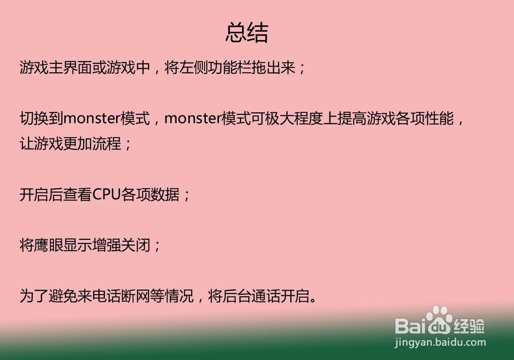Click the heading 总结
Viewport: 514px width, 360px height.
coord(246,33)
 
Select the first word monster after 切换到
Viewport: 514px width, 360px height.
coord(92,119)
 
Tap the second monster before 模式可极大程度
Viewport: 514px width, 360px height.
coord(193,119)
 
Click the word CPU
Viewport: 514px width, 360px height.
coord(107,195)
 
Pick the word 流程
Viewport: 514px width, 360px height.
coord(107,144)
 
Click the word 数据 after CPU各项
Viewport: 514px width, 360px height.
coord(165,195)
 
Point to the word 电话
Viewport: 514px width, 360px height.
coord(107,296)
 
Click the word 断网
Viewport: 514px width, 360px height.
coord(135,296)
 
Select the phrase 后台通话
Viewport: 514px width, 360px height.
coord(251,296)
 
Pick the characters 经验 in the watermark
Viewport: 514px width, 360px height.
coord(469,326)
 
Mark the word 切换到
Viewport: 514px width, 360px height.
coord(41,118)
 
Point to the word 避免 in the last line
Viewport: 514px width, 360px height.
coord(63,296)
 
